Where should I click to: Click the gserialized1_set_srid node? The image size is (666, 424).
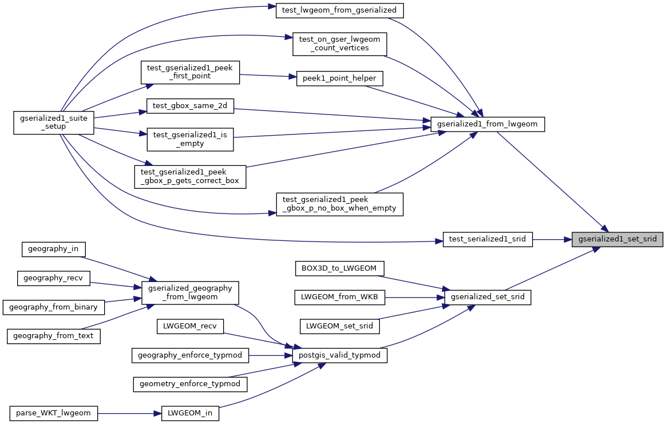[x=617, y=240]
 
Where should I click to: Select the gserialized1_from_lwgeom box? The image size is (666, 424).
[x=487, y=124]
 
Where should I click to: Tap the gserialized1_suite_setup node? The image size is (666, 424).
[x=54, y=122]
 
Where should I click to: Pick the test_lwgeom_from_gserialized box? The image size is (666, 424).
[x=340, y=10]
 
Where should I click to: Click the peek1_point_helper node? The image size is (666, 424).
[x=339, y=78]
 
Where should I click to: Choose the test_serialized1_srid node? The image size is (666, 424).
[x=487, y=240]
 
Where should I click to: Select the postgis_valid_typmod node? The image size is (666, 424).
[x=340, y=355]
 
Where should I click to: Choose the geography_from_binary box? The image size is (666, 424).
[x=54, y=307]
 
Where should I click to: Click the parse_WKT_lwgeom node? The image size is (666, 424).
[x=54, y=413]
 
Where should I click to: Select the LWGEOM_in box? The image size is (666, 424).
[x=190, y=413]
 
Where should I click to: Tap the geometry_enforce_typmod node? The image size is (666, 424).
[x=190, y=383]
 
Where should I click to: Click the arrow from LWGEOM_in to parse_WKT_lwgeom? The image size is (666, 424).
[x=129, y=413]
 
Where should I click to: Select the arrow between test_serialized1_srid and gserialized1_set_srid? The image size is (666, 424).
[x=552, y=240]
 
